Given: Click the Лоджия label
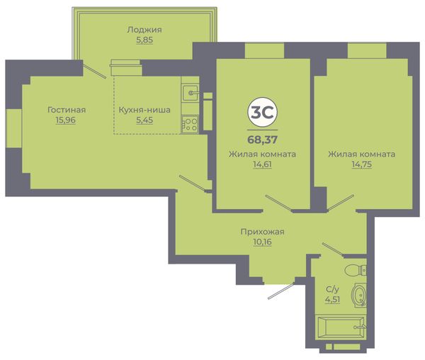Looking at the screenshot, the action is point(144,30).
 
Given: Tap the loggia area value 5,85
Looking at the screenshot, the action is point(144,40).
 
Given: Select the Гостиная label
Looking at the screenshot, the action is point(67,110).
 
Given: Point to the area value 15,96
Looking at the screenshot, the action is point(66,120).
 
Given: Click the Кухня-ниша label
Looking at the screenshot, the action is point(144,110).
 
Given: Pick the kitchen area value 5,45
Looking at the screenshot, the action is point(144,120).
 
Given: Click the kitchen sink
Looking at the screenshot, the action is point(191,93).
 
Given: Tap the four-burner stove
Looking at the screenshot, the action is point(190,125).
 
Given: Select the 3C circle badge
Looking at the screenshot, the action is point(262,112).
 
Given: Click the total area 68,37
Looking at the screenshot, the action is point(262,140).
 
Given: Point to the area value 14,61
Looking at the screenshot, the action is point(262,164).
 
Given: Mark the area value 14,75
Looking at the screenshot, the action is point(362,164).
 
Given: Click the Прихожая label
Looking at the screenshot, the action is point(262,232).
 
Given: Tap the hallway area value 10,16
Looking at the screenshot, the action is point(262,242).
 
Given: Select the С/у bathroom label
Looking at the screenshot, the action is point(332,290).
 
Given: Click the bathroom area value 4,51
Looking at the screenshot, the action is point(333,300).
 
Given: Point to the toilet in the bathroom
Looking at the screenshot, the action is point(356,269).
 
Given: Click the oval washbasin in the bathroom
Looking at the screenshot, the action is point(359,296).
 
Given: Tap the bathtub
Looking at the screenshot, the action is point(341,328).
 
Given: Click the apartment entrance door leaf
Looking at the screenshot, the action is point(281,291).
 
